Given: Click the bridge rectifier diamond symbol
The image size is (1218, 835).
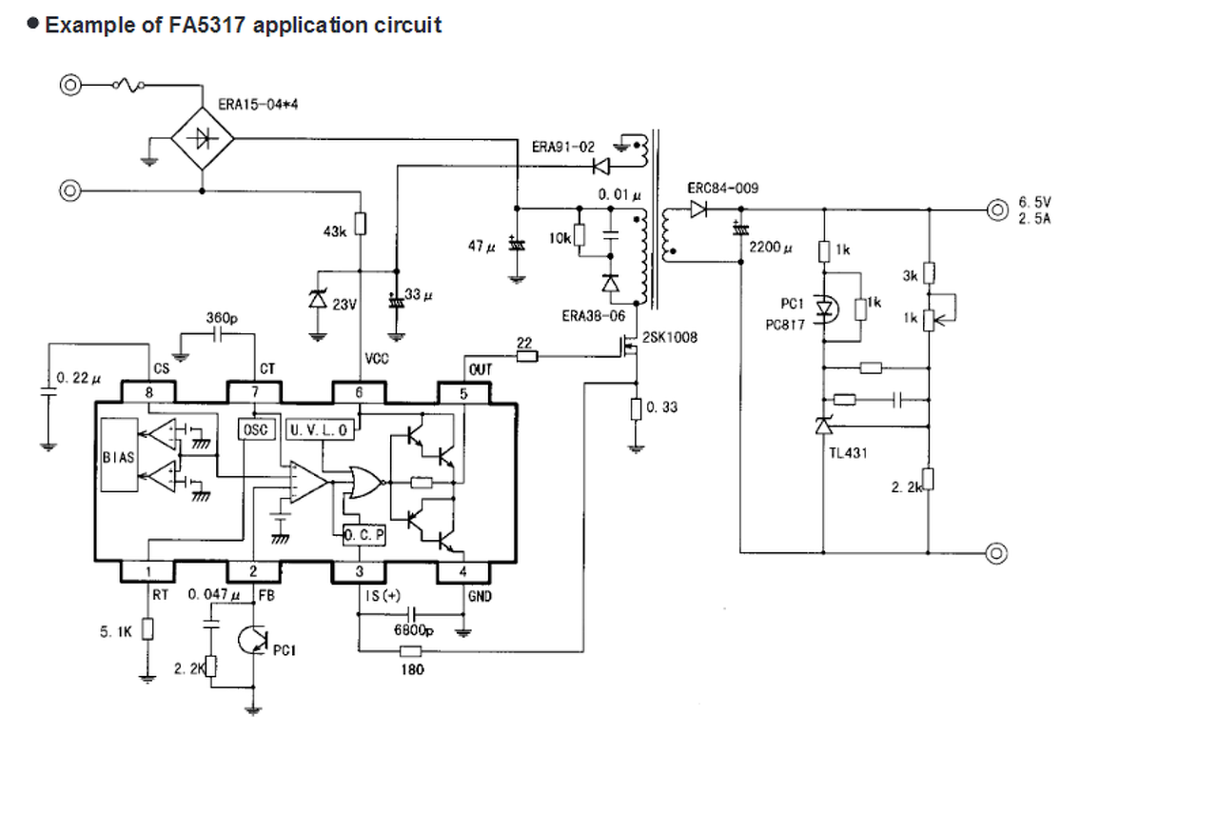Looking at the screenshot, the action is [203, 139].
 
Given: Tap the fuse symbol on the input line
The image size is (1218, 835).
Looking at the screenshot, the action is [128, 85].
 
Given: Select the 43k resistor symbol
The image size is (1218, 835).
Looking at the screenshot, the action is [360, 224].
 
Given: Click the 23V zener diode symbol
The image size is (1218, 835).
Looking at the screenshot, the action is [318, 299].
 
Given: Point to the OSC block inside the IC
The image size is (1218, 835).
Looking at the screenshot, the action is [256, 429].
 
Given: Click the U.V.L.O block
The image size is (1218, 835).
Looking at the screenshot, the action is [320, 429].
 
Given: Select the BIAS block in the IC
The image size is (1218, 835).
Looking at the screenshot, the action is [119, 455].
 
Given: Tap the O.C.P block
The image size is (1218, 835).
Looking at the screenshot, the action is [363, 535].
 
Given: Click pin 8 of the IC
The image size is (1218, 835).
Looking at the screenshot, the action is [148, 392].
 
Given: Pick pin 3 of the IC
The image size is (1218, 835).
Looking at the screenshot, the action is [360, 571].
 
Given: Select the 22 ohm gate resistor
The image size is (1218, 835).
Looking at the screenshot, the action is [526, 357].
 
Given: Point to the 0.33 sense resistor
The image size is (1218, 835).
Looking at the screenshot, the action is [636, 409].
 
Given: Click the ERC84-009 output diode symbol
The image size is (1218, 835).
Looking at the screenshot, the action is [698, 209].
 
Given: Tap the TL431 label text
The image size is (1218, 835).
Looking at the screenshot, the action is [848, 453].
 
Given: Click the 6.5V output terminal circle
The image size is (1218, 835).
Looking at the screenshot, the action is [997, 210].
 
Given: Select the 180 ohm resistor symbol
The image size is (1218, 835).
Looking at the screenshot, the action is [410, 651].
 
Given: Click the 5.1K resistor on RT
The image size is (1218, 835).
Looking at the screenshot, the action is [147, 629].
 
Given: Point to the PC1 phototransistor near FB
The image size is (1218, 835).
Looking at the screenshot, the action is [253, 640].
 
